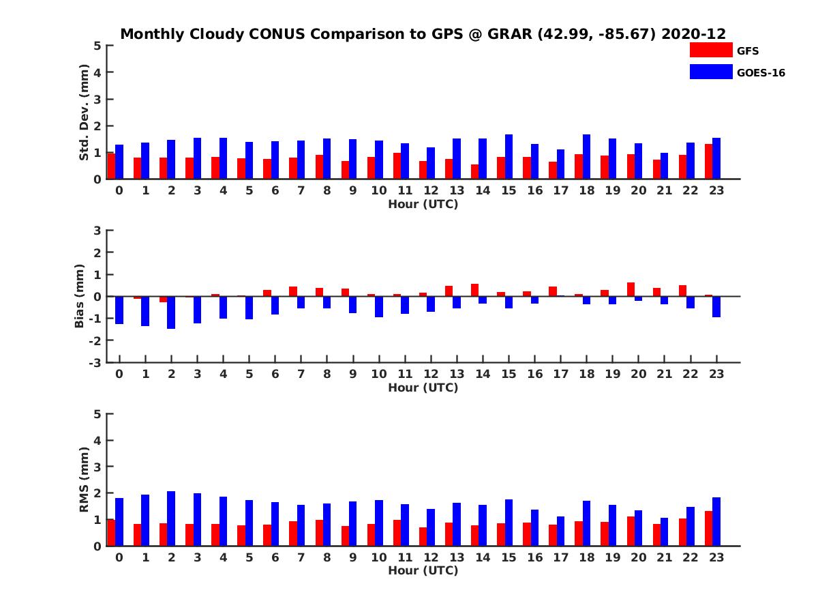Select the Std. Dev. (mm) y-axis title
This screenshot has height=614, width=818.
tap(84, 113)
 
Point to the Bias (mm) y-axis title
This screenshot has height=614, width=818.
tap(79, 296)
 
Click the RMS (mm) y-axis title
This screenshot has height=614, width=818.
tap(84, 480)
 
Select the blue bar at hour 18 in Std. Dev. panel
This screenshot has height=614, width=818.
tap(586, 157)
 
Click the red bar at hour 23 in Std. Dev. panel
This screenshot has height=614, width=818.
tap(708, 162)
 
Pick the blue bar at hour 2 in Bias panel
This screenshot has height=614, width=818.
tap(171, 312)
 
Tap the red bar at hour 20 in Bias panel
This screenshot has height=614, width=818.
tap(631, 289)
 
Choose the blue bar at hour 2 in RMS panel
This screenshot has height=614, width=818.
tap(171, 518)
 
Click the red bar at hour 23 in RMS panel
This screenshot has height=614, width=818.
tap(708, 528)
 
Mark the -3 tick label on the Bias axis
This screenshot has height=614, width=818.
tap(96, 362)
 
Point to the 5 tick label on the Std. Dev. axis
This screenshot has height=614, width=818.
tap(98, 46)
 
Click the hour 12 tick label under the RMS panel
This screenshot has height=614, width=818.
tap(430, 557)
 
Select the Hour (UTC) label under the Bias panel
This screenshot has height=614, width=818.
tap(423, 388)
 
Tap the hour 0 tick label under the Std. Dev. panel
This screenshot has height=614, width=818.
tap(119, 190)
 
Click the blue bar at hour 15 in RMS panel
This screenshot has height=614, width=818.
tap(509, 523)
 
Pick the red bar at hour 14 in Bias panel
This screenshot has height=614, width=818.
tap(474, 290)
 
